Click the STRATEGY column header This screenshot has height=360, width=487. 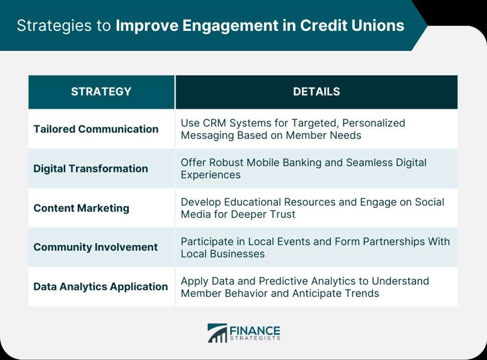click(x=101, y=92)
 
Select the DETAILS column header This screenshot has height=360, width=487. click(x=316, y=92)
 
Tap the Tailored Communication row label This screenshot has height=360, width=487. click(x=96, y=129)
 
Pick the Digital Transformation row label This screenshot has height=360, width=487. click(x=91, y=168)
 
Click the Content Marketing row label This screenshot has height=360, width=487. click(x=81, y=208)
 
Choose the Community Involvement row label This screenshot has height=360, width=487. click(x=96, y=247)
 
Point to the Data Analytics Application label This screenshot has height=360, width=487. click(x=101, y=287)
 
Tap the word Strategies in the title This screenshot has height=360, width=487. click(x=54, y=26)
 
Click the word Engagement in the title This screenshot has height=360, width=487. click(x=230, y=26)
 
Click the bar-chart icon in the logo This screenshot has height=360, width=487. click(x=217, y=333)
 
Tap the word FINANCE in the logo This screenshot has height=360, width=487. click(x=255, y=331)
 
